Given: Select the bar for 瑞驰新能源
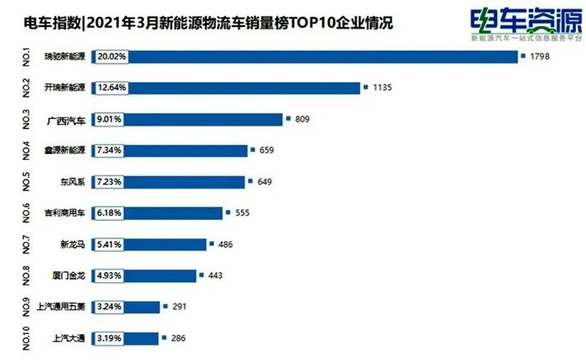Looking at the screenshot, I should coord(318,57).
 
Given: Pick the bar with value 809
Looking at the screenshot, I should coord(201,119).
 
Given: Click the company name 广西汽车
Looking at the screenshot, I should coord(66,120).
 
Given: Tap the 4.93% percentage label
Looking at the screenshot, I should coord(111,275).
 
